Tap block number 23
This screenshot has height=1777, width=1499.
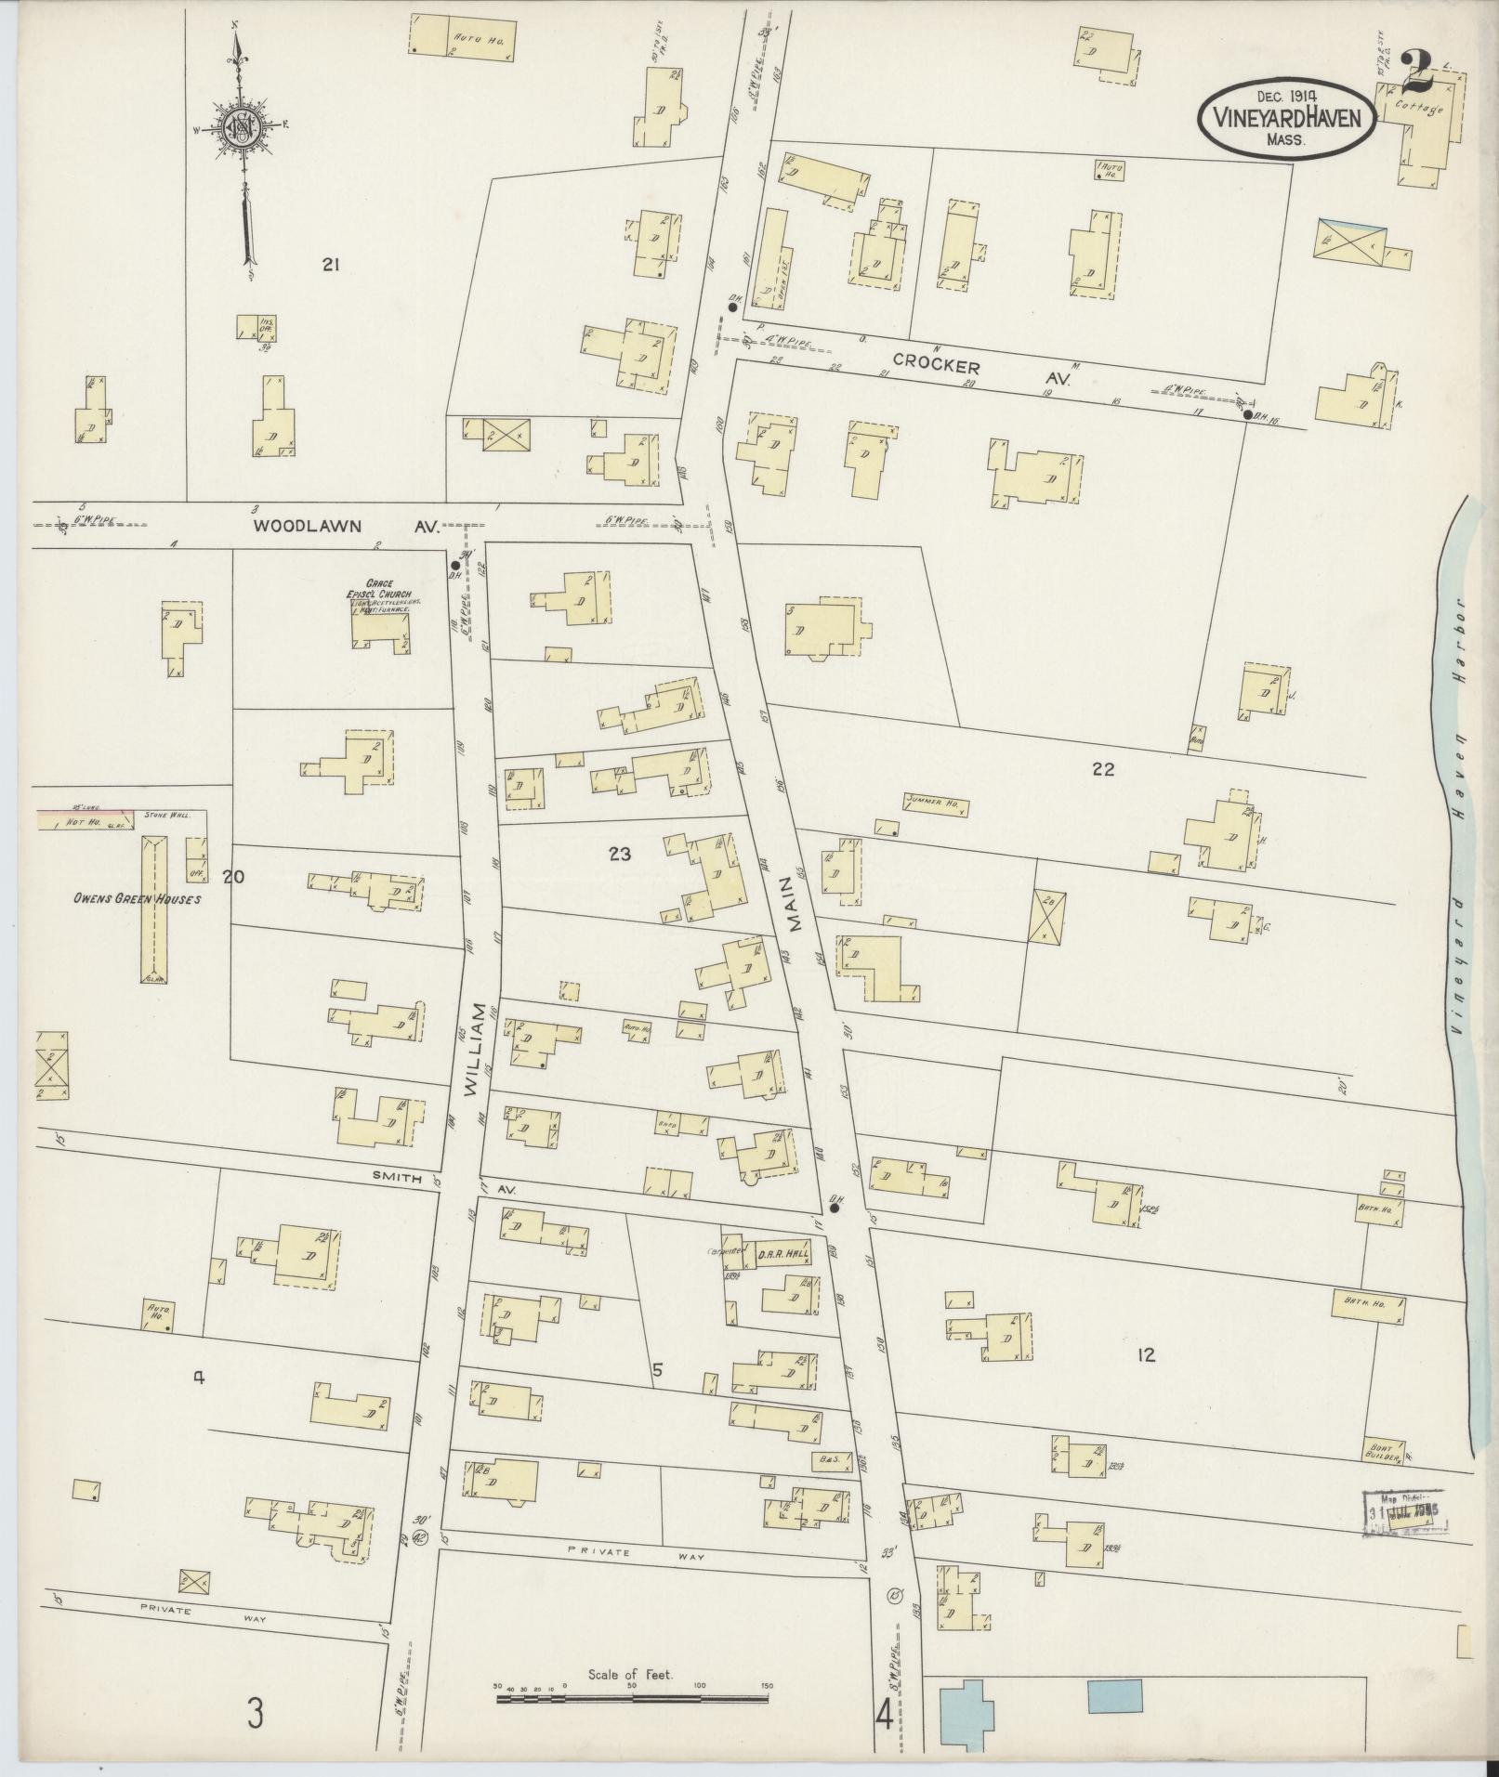point(620,855)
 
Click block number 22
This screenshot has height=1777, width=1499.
point(1103,769)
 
